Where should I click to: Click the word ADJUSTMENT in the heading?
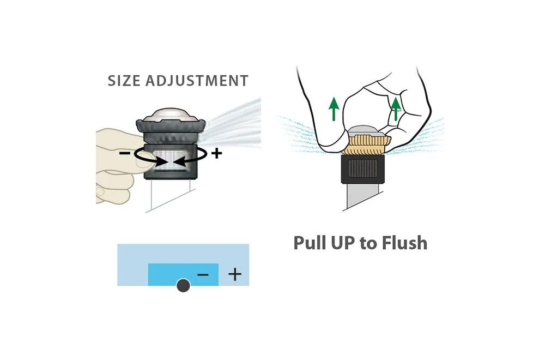197,81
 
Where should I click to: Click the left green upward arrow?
334,109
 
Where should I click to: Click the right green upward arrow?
396,109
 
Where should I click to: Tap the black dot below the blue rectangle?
183,286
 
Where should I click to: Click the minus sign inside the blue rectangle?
203,275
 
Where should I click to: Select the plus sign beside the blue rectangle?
234,274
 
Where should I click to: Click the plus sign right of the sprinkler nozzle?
216,153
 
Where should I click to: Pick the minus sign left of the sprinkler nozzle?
125,153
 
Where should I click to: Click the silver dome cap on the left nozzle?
170,115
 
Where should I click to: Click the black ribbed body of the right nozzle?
362,169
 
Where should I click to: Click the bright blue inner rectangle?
183,274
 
